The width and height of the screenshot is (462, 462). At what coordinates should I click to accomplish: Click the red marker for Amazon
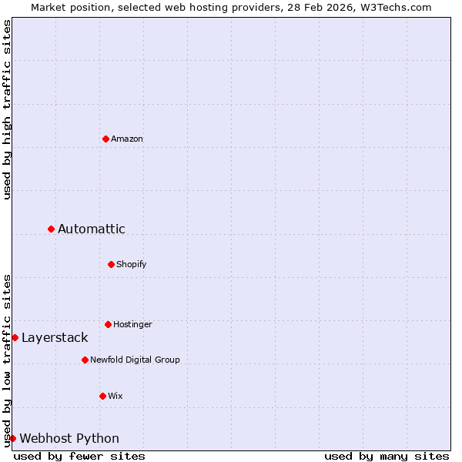click(x=105, y=139)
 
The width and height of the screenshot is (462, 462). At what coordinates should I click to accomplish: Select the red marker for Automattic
click(x=51, y=229)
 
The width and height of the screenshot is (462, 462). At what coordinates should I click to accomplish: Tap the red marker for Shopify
click(x=111, y=264)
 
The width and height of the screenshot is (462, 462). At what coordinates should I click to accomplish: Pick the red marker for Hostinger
click(x=108, y=324)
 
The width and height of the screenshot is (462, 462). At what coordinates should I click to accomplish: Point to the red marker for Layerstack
click(x=15, y=337)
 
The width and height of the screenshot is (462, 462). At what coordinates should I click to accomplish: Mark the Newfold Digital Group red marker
click(x=85, y=360)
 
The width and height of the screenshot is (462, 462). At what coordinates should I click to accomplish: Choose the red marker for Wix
click(x=102, y=396)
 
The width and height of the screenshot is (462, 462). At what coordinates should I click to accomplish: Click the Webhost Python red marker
click(x=12, y=438)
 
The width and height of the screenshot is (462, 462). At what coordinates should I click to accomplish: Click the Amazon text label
click(x=127, y=139)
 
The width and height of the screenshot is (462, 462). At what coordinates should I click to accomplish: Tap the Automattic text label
click(x=92, y=229)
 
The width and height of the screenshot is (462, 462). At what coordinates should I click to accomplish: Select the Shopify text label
click(x=132, y=264)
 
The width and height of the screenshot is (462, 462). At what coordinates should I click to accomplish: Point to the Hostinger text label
click(x=132, y=324)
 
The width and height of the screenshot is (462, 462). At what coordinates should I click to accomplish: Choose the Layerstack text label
click(x=55, y=337)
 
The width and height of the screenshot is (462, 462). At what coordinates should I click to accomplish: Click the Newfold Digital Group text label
click(x=135, y=360)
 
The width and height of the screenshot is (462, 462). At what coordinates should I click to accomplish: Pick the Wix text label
click(x=115, y=396)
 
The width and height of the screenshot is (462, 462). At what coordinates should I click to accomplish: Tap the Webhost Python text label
click(x=69, y=438)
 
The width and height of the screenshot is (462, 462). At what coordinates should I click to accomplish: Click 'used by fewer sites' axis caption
click(x=79, y=456)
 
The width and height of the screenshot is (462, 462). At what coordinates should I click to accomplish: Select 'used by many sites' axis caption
click(x=387, y=456)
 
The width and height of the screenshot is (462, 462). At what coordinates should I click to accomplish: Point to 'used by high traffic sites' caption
click(x=8, y=109)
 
